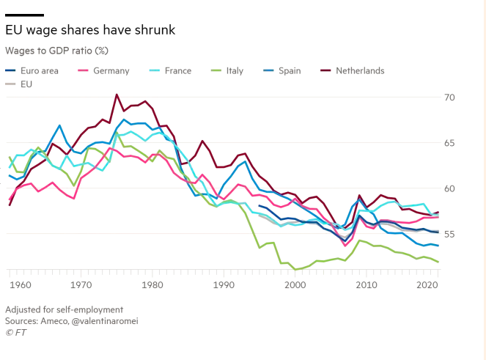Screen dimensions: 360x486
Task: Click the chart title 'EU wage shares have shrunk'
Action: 89,30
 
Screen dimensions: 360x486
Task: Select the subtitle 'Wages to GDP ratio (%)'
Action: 56,51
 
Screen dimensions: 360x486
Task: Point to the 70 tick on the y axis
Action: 450,98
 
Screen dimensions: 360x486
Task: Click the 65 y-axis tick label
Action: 450,143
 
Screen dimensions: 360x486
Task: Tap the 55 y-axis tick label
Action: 450,234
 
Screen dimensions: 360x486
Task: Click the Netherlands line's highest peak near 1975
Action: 117,95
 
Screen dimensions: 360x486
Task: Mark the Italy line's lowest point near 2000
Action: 295,270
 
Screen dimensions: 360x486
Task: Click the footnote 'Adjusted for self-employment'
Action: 65,309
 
